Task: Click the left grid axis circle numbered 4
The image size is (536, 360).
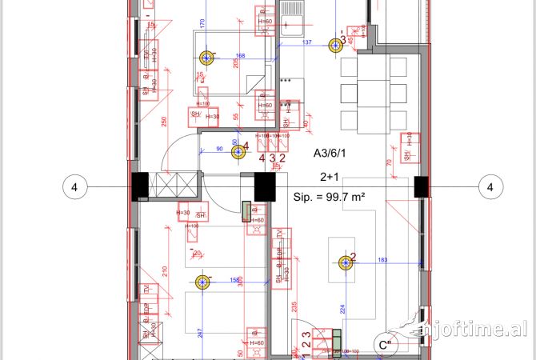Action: point(74,188)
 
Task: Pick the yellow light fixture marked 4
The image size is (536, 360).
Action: point(238,151)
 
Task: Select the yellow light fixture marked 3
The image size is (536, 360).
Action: point(334,44)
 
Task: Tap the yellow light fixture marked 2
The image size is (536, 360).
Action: point(346,263)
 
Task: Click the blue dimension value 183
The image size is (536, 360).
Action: point(382,260)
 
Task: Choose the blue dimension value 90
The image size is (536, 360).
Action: point(220,148)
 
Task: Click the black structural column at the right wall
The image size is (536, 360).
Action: point(421,186)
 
